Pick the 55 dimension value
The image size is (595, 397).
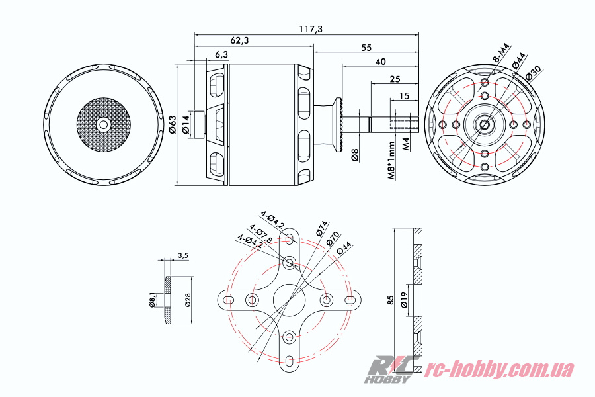(365, 48)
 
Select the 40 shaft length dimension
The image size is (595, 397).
(380, 62)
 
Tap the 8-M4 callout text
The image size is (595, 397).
(501, 52)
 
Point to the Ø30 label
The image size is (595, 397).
(534, 73)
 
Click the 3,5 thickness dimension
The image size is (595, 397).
(184, 255)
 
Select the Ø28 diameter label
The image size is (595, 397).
(188, 300)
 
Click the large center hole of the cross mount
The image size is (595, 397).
(289, 300)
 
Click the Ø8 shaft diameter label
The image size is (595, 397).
(355, 155)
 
